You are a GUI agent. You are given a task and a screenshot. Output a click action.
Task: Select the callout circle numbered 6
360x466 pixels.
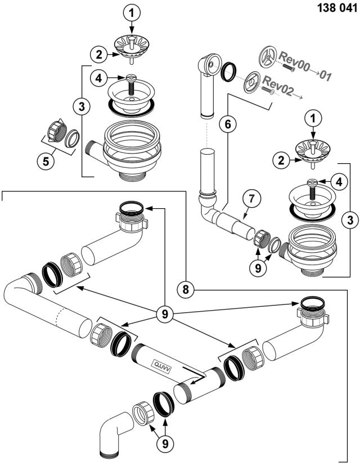coord(228,124)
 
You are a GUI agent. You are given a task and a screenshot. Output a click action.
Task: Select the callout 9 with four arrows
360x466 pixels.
coord(165,313)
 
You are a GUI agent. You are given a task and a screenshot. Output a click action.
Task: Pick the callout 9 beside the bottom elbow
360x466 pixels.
coord(165,443)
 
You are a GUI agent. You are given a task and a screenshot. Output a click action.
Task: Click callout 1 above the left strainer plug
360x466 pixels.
coord(131,11)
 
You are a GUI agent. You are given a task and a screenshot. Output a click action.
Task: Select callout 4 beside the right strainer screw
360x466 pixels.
coord(337,181)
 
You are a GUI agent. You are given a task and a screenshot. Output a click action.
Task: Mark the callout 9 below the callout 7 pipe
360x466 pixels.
coord(258,269)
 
